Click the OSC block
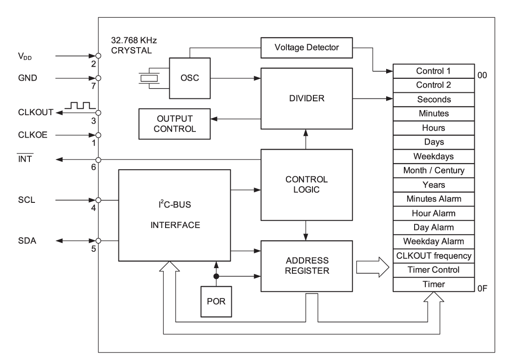click(x=190, y=78)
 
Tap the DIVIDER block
click(x=305, y=99)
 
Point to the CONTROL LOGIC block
click(x=305, y=185)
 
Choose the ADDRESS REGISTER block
click(x=305, y=266)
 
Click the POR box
click(x=215, y=301)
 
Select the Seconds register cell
click(x=434, y=99)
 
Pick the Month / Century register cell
click(x=434, y=170)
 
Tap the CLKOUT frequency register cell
click(x=434, y=256)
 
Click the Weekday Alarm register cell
click(x=434, y=242)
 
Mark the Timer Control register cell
click(x=434, y=270)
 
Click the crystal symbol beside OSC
click(x=148, y=78)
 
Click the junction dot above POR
click(x=215, y=277)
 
